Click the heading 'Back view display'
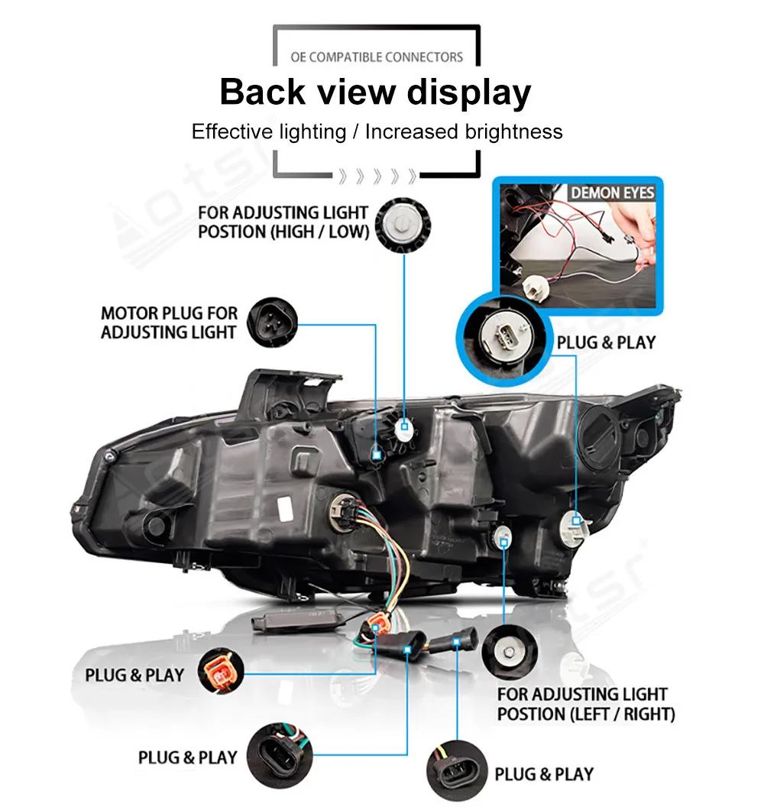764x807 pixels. pyautogui.click(x=375, y=92)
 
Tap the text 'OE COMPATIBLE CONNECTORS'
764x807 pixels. pyautogui.click(x=377, y=57)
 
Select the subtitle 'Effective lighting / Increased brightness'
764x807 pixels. pyautogui.click(x=377, y=131)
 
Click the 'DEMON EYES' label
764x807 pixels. pyautogui.click(x=613, y=193)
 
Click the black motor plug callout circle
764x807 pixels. pyautogui.click(x=269, y=322)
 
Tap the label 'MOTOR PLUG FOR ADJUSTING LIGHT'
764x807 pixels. pyautogui.click(x=169, y=322)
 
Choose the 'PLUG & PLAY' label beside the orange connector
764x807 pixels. pyautogui.click(x=134, y=676)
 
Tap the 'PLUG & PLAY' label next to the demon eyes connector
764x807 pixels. pyautogui.click(x=606, y=342)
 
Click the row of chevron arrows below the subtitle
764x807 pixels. pyautogui.click(x=377, y=177)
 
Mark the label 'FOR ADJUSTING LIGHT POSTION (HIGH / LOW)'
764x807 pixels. pyautogui.click(x=283, y=222)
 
